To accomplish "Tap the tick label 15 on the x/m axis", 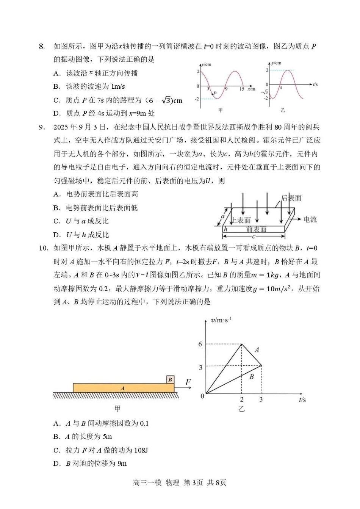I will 241,89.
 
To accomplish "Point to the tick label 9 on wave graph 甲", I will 226,89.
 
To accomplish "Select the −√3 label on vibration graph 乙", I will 264,92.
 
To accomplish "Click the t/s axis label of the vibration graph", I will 315,84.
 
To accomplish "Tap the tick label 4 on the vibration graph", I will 281,88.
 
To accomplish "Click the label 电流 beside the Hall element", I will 310,219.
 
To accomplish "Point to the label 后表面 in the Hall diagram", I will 291,198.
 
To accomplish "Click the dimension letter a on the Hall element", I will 223,217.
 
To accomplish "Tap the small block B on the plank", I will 170,379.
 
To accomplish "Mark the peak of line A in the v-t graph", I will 242,344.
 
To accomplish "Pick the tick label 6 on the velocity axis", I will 200,344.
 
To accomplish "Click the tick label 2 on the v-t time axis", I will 242,399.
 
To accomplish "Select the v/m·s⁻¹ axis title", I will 221,320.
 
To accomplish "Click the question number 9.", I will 42,127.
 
